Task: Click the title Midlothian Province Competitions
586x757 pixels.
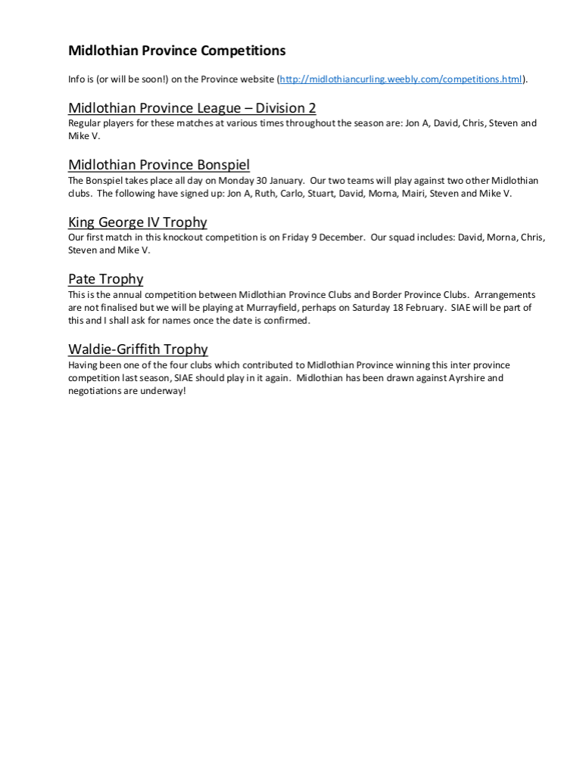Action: [176, 51]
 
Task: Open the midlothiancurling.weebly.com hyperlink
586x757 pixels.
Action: [401, 79]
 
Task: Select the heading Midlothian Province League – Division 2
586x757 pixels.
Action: [192, 107]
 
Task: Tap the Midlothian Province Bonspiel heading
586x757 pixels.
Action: [158, 165]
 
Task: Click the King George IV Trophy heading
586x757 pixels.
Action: [137, 222]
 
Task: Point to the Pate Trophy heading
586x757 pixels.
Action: [105, 279]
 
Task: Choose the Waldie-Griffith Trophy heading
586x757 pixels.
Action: [138, 349]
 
